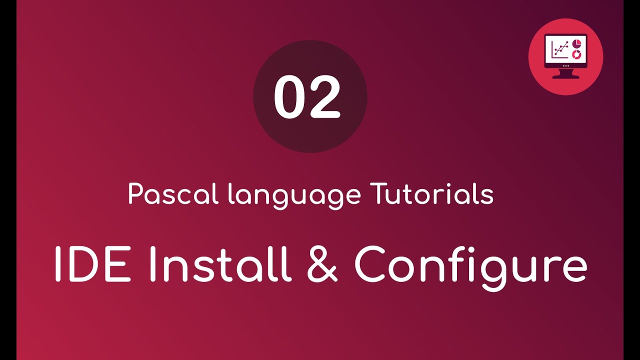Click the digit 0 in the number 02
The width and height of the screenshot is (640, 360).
click(289, 97)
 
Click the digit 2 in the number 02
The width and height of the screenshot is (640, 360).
click(325, 97)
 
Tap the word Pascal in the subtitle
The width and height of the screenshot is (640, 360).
click(173, 194)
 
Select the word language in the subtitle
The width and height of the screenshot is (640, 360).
click(294, 195)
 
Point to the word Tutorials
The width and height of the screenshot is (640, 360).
click(431, 194)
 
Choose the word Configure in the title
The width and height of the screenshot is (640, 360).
click(470, 265)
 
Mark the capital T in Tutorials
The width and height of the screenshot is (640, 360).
click(378, 194)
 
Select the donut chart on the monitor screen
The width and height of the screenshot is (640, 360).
click(576, 53)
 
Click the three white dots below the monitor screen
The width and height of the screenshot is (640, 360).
click(565, 65)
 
